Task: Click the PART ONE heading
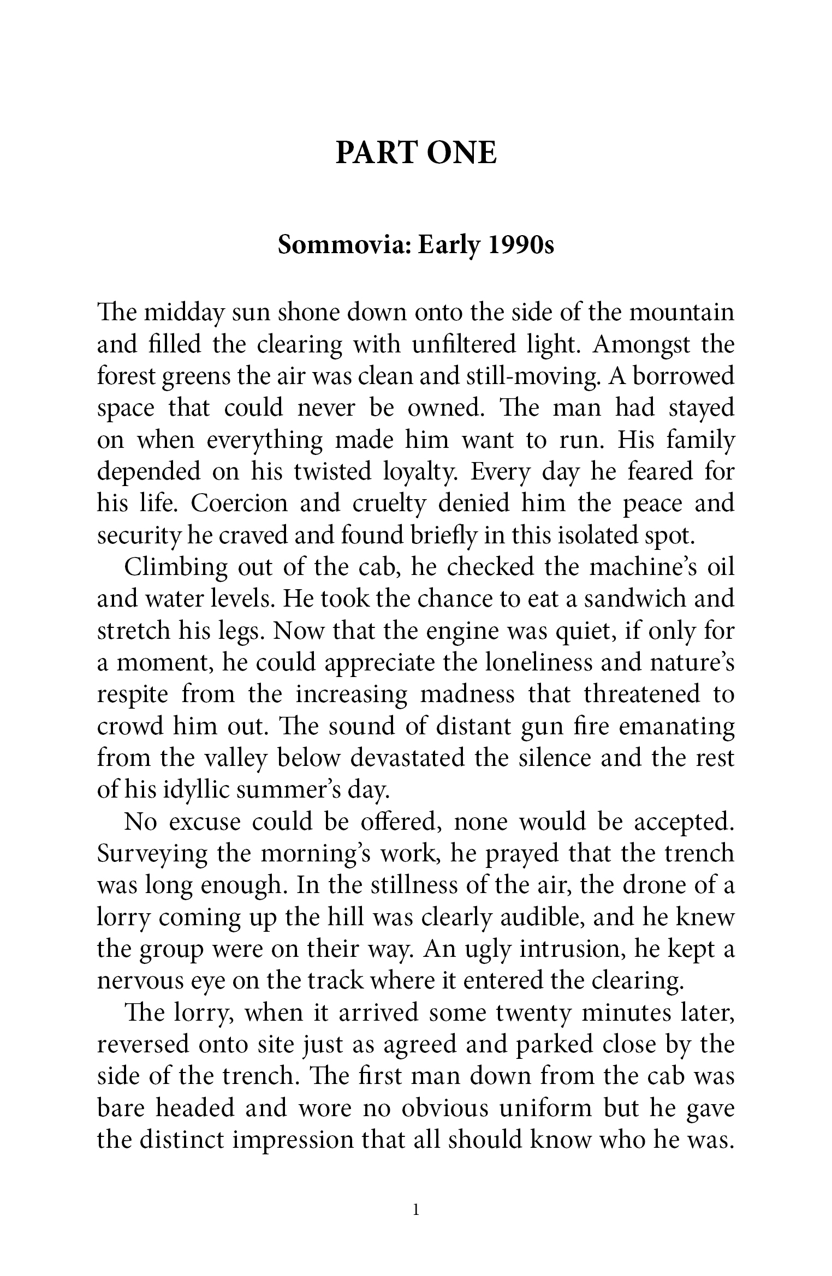(416, 153)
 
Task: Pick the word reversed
(143, 1044)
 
